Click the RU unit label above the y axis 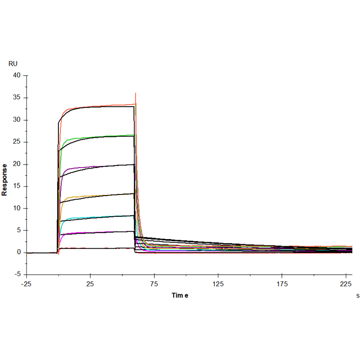[13, 63]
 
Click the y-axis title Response [5, 180]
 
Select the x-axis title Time [180, 296]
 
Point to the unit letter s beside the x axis [357, 295]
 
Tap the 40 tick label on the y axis [17, 76]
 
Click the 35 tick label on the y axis [17, 98]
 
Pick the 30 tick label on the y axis [17, 120]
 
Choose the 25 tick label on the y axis [17, 142]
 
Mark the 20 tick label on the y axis [17, 164]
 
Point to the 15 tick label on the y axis [17, 186]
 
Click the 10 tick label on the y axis [17, 208]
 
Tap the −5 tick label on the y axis [16, 274]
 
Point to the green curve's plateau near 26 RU [102, 136]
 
